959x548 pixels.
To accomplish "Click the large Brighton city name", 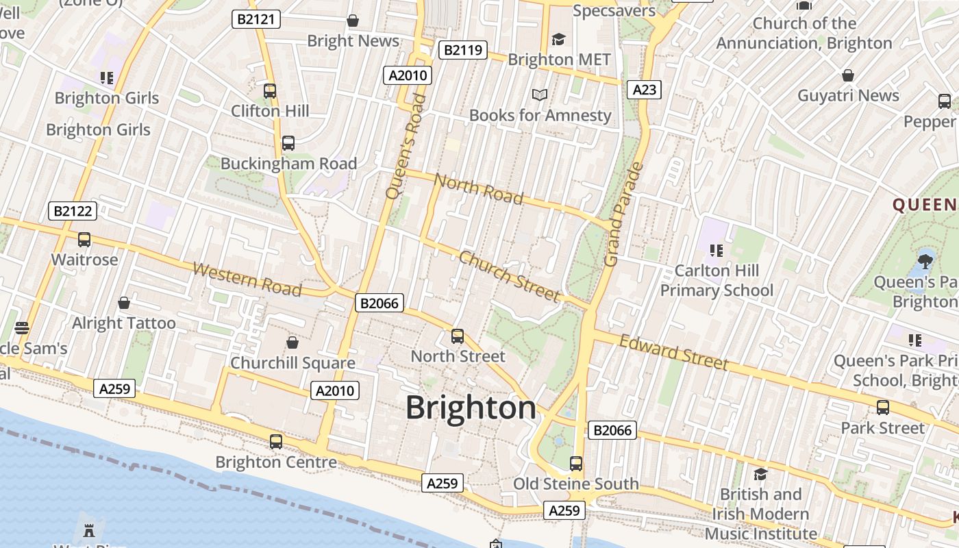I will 471,408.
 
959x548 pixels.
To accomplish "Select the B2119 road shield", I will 462,49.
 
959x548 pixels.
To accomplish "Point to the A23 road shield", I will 645,89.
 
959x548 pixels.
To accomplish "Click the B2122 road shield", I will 73,211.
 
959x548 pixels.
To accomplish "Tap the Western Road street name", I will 247,279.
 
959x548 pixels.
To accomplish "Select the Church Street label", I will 509,276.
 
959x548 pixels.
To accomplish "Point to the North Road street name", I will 479,189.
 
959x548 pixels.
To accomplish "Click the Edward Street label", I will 673,351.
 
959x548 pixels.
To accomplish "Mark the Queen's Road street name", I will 406,146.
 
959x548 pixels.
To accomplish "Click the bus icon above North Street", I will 458,336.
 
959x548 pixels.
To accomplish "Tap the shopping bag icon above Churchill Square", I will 292,342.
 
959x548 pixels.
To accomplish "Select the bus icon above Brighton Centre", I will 276,442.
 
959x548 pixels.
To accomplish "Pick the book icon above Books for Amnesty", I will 540,95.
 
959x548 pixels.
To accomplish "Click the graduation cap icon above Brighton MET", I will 559,39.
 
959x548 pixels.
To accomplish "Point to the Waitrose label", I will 85,260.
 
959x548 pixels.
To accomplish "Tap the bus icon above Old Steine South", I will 576,464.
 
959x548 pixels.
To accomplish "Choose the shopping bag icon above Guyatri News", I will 848,75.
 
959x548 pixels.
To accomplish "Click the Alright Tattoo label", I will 124,323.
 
